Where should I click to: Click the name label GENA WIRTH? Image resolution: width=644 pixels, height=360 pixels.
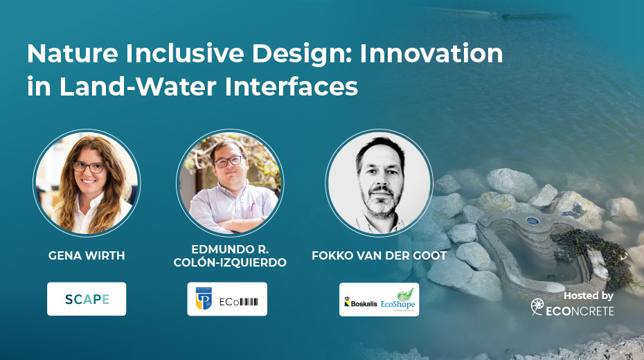(x=87, y=255)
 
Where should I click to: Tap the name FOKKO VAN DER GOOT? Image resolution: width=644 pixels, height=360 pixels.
(x=379, y=255)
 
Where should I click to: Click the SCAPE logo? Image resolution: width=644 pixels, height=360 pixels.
(x=87, y=299)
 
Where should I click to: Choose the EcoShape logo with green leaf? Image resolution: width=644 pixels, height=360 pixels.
(x=397, y=299)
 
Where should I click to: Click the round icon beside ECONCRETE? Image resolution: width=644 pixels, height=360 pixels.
(x=537, y=307)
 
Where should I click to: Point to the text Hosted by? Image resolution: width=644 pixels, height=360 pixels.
(x=588, y=296)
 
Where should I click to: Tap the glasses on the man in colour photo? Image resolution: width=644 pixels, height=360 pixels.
(x=229, y=161)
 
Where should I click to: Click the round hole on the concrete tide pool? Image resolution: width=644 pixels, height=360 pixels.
(x=532, y=222)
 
